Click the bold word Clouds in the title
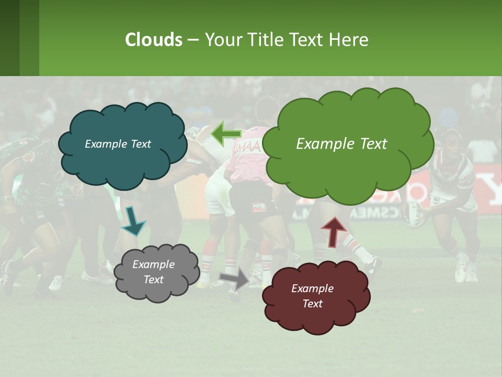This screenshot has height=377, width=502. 154,40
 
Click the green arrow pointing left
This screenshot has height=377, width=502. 225,134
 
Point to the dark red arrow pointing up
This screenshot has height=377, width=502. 333,231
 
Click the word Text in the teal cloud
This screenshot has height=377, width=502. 140,144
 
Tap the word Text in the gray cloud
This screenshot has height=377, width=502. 154,280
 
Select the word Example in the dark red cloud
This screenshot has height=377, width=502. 312,289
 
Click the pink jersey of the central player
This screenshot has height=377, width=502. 251,162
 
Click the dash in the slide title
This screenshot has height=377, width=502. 193,40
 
